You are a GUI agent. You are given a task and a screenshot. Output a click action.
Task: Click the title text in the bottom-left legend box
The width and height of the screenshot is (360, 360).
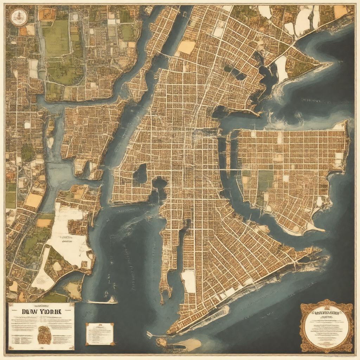pyautogui.click(x=41, y=311)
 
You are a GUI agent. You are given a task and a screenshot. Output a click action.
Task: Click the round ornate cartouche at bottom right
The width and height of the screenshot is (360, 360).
pyautogui.click(x=327, y=326)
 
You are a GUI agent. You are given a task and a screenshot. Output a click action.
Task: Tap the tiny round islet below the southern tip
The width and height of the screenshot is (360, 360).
pyautogui.click(x=161, y=342)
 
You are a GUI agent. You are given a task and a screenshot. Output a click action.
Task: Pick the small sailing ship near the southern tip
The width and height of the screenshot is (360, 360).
pyautogui.click(x=150, y=334)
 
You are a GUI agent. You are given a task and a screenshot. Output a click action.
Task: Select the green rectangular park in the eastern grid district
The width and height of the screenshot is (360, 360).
pyautogui.click(x=265, y=180)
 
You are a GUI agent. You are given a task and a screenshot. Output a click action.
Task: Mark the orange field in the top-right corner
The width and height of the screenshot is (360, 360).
pyautogui.click(x=340, y=12)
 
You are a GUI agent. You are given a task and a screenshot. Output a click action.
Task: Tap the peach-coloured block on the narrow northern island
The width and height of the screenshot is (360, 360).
pyautogui.click(x=186, y=47)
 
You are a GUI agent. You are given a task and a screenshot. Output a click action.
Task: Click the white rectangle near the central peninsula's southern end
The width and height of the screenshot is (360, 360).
pyautogui.click(x=188, y=281)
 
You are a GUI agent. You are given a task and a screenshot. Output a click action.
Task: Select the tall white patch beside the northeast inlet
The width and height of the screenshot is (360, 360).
pyautogui.click(x=282, y=69)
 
